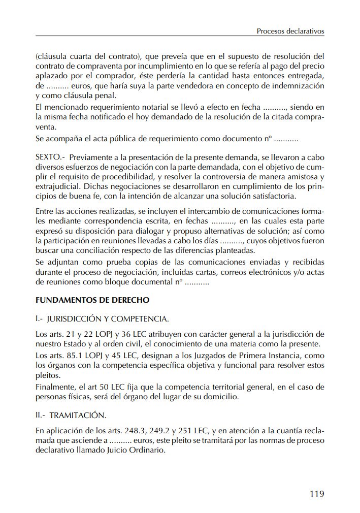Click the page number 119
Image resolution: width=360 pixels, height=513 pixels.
[x=316, y=493]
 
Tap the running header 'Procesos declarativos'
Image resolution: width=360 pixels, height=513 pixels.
[x=290, y=31]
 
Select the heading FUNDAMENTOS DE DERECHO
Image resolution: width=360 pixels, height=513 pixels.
[x=92, y=300]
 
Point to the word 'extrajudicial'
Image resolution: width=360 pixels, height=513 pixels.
[x=57, y=187]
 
